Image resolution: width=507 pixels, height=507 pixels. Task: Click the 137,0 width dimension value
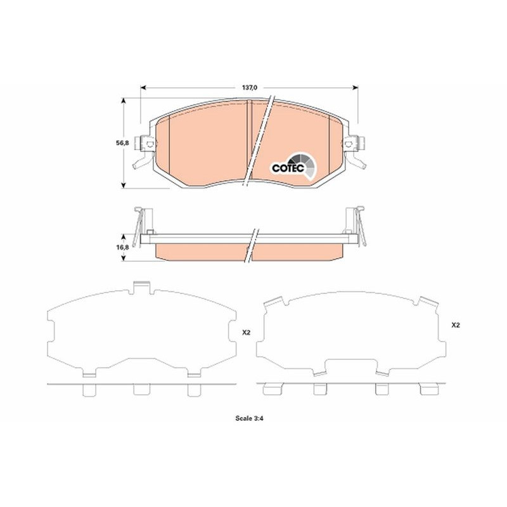249,87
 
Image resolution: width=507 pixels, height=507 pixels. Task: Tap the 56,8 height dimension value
122,143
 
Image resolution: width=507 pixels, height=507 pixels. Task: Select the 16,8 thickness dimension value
122,247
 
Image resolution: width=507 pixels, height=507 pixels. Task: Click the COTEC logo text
288,168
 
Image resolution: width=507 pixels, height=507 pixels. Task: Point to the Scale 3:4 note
250,418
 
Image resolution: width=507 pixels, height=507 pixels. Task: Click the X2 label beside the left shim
247,332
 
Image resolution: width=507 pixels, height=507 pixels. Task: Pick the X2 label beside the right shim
455,325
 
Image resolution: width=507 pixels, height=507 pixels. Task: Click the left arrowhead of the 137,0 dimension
144,87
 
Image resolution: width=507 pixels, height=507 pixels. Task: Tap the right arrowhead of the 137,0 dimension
355,87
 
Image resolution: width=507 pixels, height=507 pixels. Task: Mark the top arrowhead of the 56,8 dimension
123,101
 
